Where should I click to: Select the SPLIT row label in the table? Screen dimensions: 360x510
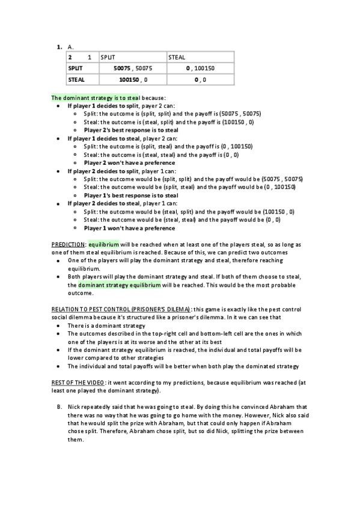pos(75,68)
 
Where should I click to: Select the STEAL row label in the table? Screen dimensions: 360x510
pos(76,79)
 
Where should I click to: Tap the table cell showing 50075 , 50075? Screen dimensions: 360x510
pos(133,68)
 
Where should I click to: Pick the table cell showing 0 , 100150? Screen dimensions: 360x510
pos(200,68)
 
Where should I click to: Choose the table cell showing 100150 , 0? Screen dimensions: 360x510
pos(133,79)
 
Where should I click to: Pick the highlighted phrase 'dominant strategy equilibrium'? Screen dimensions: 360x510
pos(120,284)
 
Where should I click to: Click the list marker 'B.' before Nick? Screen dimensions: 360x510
pos(60,407)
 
